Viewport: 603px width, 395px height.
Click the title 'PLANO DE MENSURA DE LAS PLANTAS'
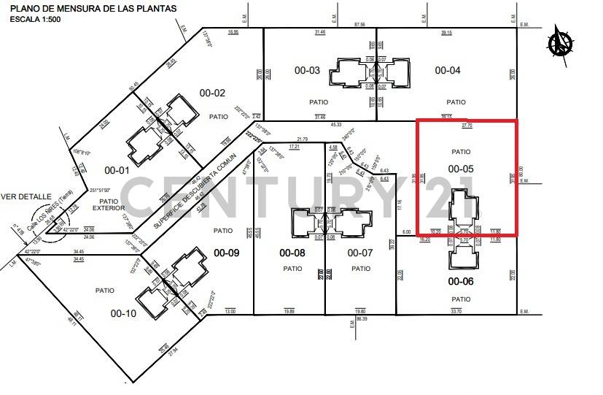[94, 9]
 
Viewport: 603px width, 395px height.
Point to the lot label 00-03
[307, 71]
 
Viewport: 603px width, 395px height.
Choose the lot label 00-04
[448, 71]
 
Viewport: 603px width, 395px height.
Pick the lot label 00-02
[212, 93]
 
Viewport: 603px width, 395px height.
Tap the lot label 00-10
[123, 313]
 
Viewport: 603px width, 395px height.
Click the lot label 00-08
[292, 253]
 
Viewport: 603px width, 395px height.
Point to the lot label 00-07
[360, 253]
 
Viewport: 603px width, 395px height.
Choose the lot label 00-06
[460, 281]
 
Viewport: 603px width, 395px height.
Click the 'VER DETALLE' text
[26, 196]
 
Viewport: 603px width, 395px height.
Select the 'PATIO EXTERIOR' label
[109, 205]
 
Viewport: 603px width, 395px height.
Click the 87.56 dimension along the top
[359, 25]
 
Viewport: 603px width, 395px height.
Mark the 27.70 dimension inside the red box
[467, 126]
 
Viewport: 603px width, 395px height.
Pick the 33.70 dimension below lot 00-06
[456, 311]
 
